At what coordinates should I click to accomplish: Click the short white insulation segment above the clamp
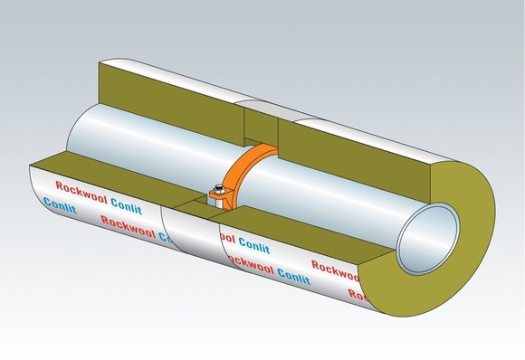point(262,118)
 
